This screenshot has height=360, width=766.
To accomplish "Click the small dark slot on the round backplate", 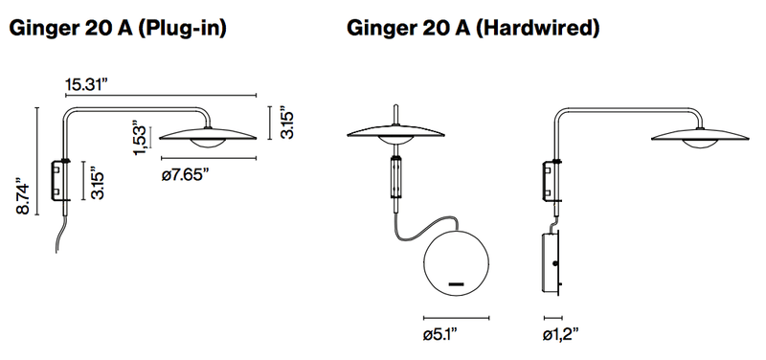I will point(456,284).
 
